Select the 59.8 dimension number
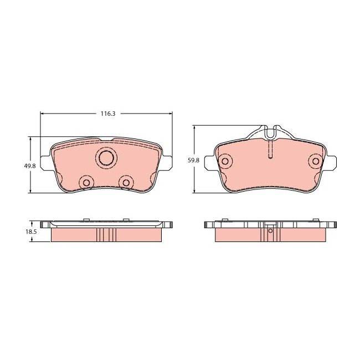tap(193, 160)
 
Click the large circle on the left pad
tap(105, 158)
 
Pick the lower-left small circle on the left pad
tap(85, 183)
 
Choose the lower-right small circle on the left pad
tap(126, 183)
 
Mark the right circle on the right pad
tap(316, 161)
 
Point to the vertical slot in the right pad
tap(270, 148)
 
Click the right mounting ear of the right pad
tap(331, 162)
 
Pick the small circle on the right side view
tap(270, 232)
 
